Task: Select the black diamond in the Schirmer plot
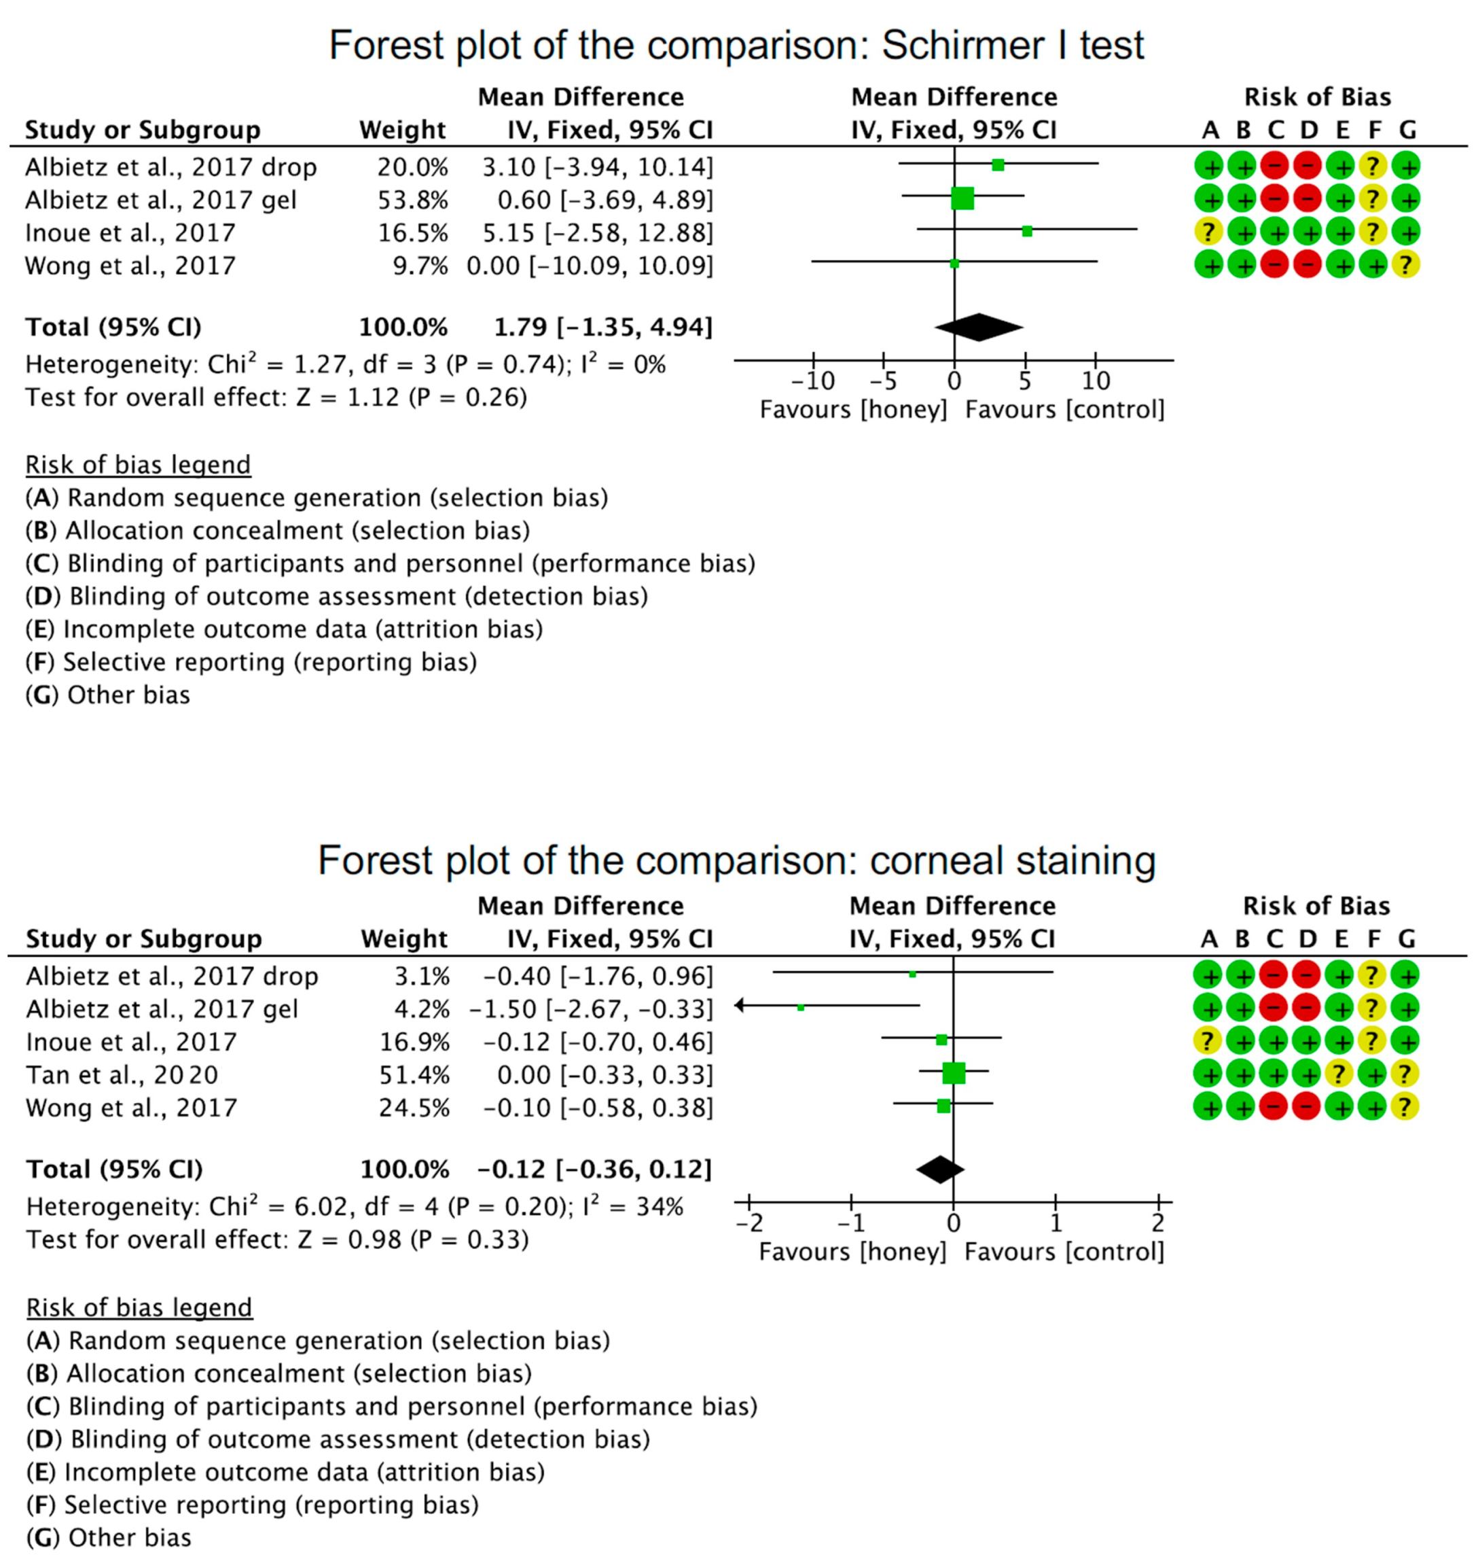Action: pos(979,327)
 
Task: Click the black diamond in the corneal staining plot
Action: pos(940,1169)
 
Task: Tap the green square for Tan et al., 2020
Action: pos(953,1073)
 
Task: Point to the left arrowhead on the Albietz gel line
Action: pos(740,1005)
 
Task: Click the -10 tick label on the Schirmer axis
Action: pos(812,381)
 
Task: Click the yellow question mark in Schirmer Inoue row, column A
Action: pos(1207,232)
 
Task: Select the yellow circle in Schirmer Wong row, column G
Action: pos(1405,265)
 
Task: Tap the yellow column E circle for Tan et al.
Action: pos(1339,1074)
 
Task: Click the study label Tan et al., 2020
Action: pos(122,1074)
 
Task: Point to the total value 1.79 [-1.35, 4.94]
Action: pos(603,327)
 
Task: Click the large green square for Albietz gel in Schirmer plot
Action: pos(962,198)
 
